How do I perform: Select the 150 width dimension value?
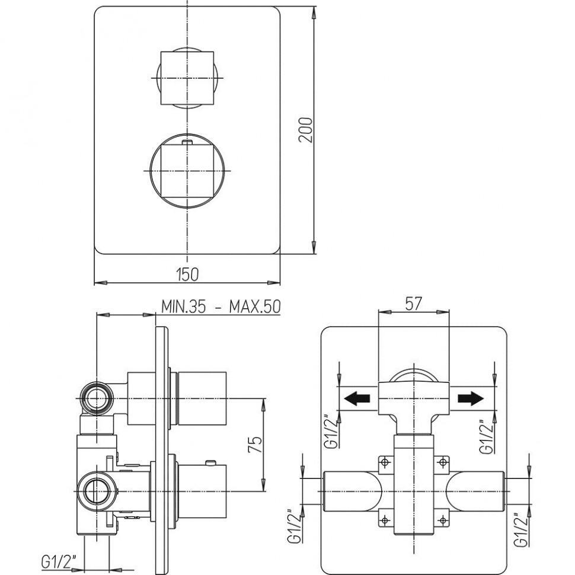(x=187, y=274)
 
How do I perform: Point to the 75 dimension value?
(x=254, y=446)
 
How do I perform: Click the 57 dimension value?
(x=413, y=304)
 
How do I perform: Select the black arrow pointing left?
(x=359, y=398)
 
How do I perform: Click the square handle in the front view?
(x=186, y=78)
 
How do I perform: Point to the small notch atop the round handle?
(x=187, y=142)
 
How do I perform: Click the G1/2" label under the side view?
(x=58, y=558)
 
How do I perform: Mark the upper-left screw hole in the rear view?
(x=385, y=461)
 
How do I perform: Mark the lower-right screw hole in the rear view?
(x=442, y=520)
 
